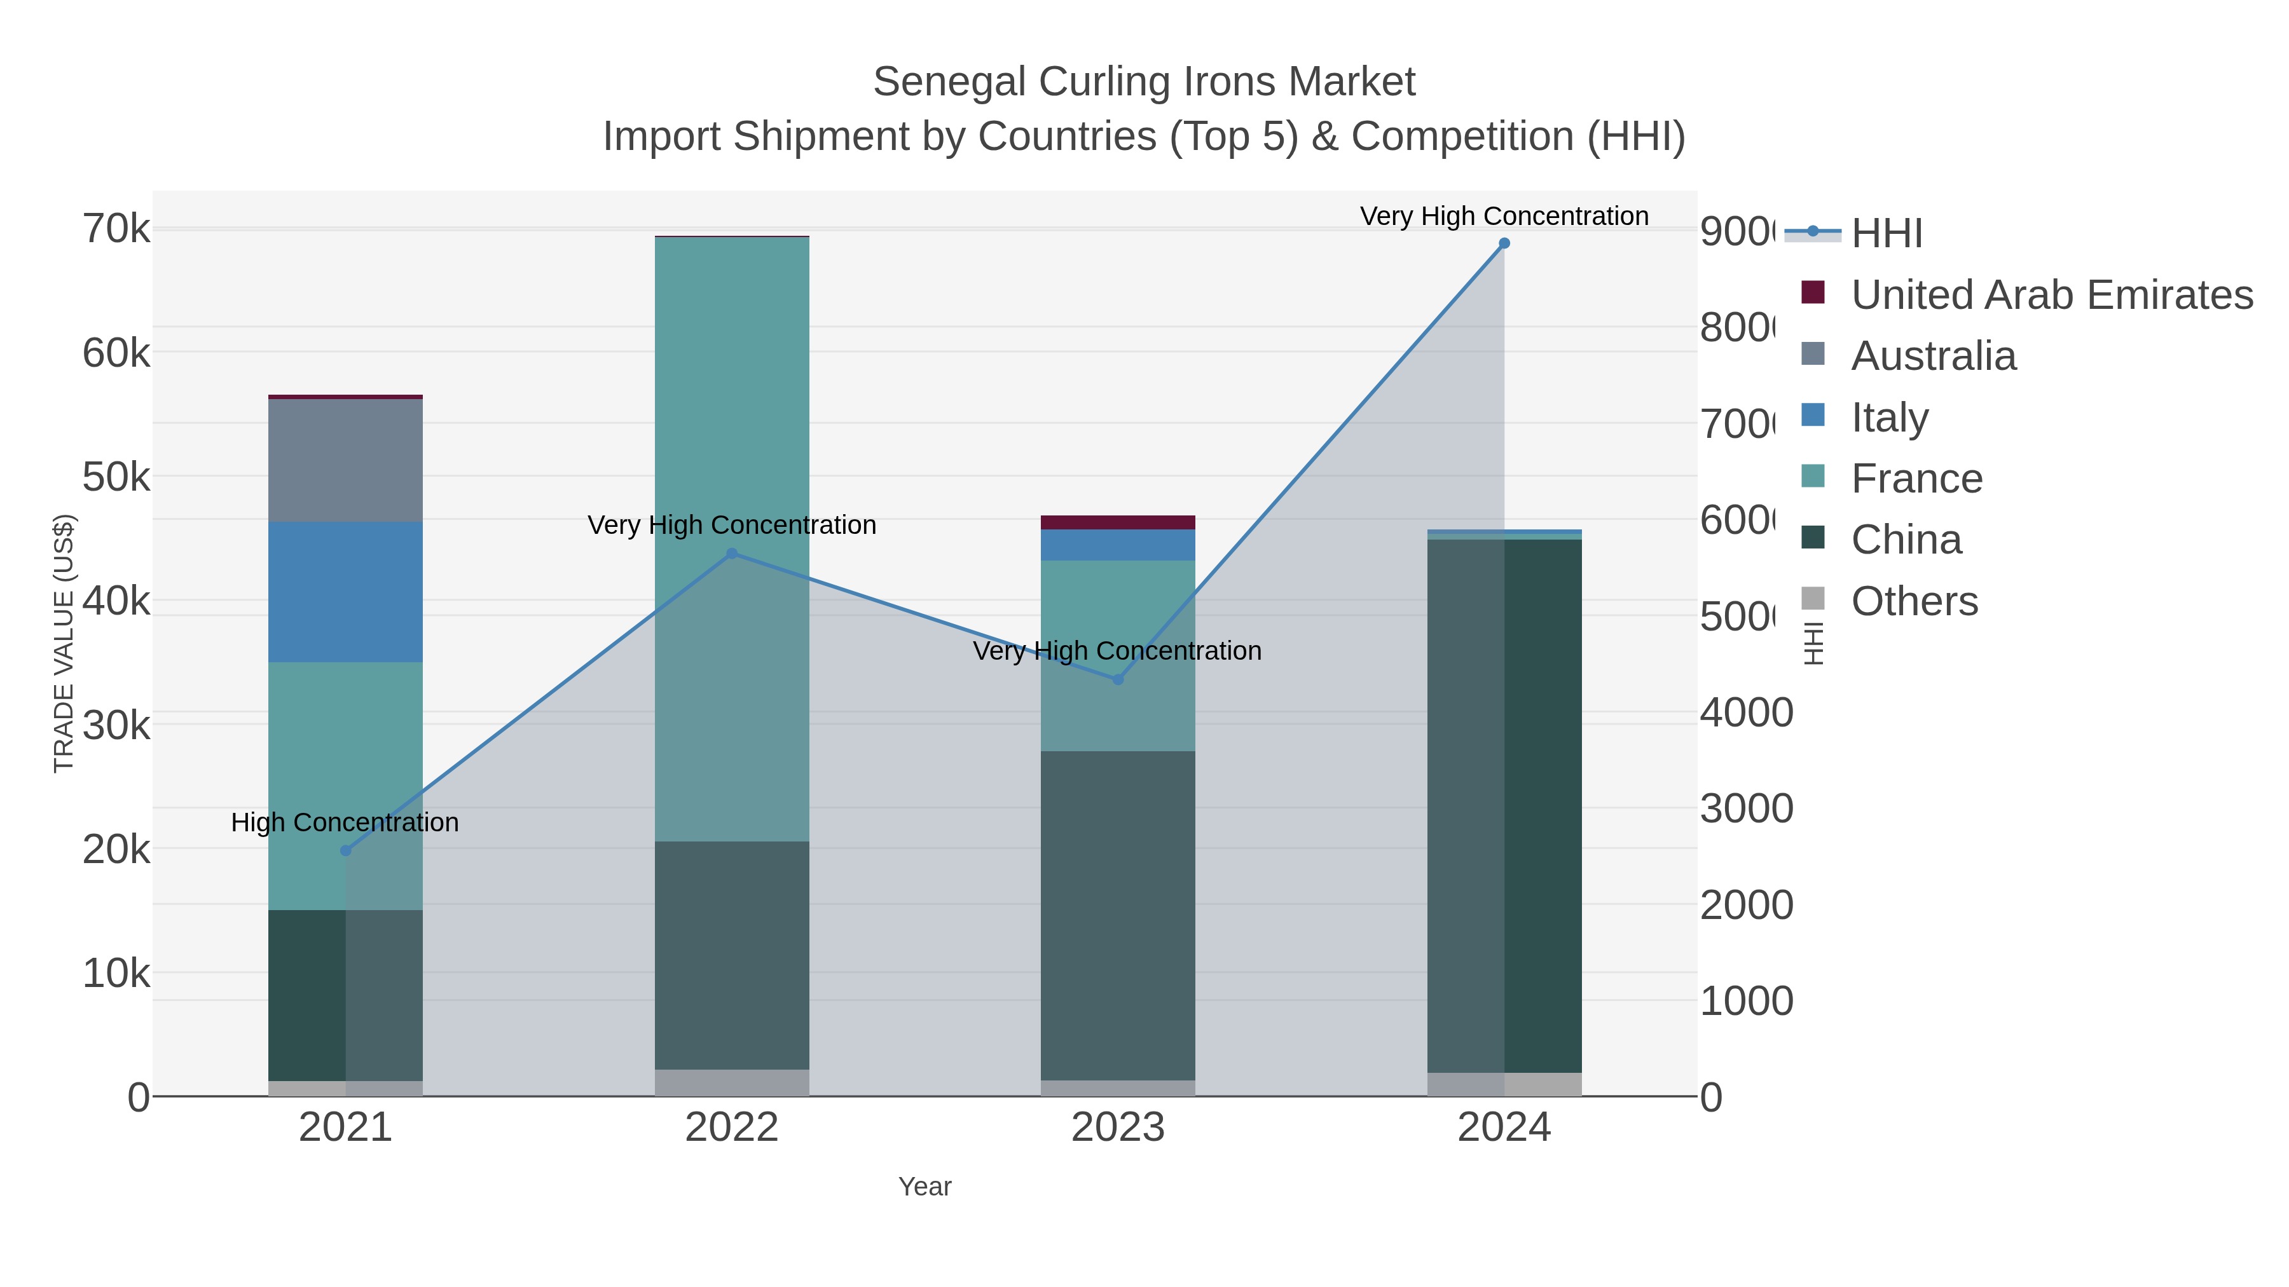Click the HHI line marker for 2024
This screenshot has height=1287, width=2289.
click(1504, 243)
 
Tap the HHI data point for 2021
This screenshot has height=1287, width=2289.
click(346, 850)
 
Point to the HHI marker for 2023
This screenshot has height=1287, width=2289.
click(1118, 679)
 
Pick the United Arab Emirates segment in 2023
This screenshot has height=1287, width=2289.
click(1118, 522)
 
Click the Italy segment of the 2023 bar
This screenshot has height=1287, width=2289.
click(1118, 545)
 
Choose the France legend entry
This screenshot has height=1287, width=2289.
click(1916, 479)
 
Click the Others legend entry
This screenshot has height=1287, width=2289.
click(1914, 601)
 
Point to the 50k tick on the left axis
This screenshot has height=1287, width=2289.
click(116, 478)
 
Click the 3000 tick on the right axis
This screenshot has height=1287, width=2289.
click(1746, 808)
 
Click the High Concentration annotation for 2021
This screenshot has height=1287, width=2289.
click(345, 822)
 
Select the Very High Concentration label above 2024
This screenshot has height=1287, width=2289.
click(1504, 216)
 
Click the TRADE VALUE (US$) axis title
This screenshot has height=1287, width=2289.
click(64, 643)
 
